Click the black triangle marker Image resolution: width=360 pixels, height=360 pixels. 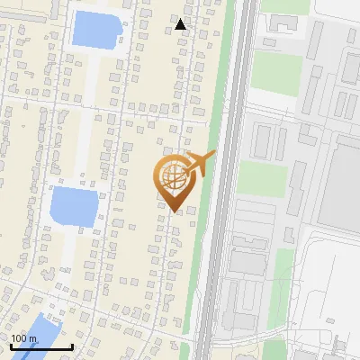click(x=181, y=24)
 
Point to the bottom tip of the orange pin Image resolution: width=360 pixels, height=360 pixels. click(x=174, y=212)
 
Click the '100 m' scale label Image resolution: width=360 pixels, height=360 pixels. click(x=24, y=338)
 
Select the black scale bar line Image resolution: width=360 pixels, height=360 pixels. click(x=41, y=346)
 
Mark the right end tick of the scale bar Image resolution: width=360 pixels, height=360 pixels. click(x=72, y=345)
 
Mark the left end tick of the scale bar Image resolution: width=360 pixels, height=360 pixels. click(x=12, y=345)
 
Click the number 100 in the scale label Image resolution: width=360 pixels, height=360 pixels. click(x=19, y=338)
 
